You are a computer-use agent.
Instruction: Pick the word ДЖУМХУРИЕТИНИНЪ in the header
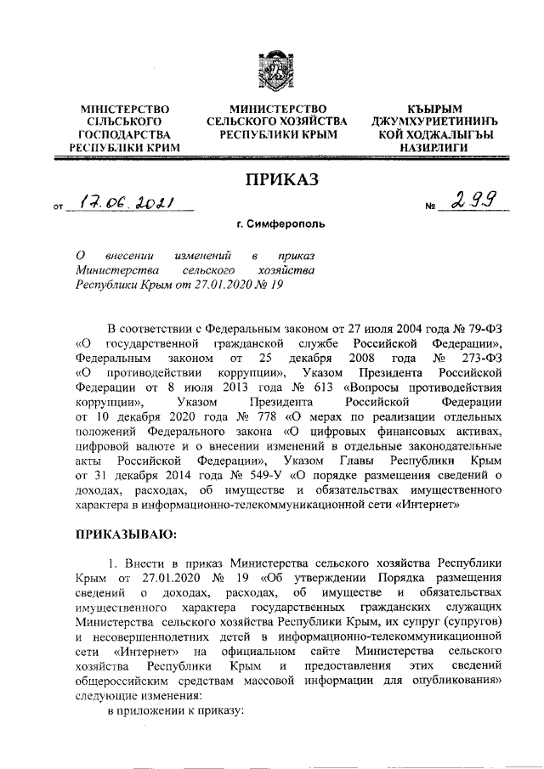tap(434, 122)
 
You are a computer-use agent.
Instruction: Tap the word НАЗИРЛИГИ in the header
tap(434, 148)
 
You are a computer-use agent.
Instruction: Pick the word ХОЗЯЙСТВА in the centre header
tap(314, 122)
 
